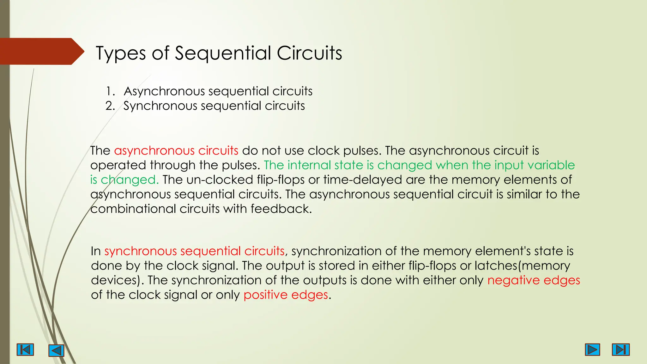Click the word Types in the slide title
pyautogui.click(x=120, y=53)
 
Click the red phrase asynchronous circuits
pyautogui.click(x=176, y=151)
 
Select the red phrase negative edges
pyautogui.click(x=534, y=280)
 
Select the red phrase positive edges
pyautogui.click(x=286, y=295)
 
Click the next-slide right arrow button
pyautogui.click(x=592, y=349)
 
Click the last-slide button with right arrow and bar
pyautogui.click(x=621, y=349)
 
